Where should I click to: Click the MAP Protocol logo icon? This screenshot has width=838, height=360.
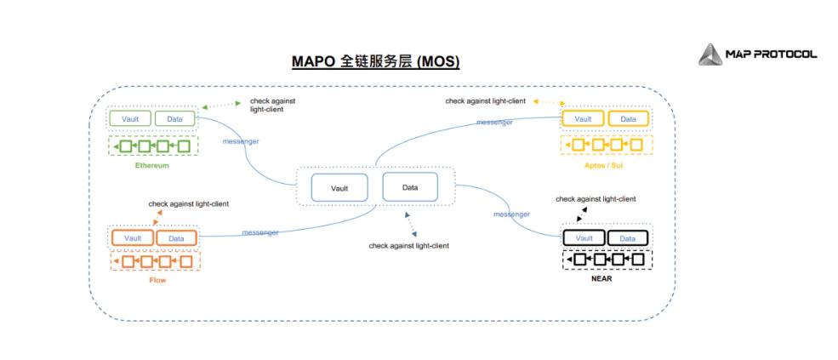pos(710,54)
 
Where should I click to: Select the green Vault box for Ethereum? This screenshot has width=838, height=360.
pos(130,118)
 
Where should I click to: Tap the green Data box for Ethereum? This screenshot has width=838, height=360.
pos(174,118)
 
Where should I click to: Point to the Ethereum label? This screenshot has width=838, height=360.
pos(152,165)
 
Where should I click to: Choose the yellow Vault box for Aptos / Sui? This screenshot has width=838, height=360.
pos(584,119)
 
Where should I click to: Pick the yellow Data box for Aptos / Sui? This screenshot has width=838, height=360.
pos(628,119)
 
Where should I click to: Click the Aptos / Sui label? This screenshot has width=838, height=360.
pos(606,165)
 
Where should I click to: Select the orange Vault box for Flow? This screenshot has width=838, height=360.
pos(132,238)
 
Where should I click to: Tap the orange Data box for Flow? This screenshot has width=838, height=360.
pos(176,238)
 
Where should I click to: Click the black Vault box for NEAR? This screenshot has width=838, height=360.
pos(584,237)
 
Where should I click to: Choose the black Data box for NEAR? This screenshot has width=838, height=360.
pos(628,237)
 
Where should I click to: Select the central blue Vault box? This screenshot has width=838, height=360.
pos(339,188)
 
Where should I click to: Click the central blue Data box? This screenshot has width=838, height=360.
pos(410,186)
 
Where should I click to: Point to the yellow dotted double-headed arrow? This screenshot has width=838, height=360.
pos(550,102)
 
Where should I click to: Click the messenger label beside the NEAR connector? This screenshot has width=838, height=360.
pos(512,214)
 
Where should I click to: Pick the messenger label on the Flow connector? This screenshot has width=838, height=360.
pos(259,232)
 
